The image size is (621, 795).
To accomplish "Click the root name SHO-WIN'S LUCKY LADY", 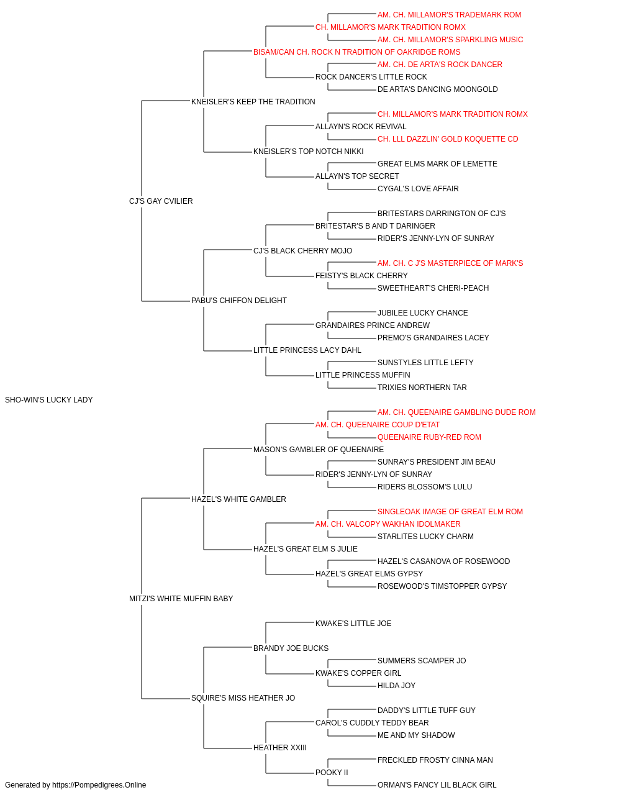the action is point(48,400).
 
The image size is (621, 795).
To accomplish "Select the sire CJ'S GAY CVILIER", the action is point(161,201).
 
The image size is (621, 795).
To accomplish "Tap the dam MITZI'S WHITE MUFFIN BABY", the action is point(181,599).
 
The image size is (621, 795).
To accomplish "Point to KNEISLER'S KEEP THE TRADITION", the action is point(253,102).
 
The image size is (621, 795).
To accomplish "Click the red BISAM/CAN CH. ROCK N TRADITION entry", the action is point(356,52).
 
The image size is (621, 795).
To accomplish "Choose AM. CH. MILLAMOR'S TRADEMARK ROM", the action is point(449,15).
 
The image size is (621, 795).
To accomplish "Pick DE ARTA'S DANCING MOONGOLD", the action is point(437,89).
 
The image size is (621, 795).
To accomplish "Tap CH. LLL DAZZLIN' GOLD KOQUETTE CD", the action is point(448,139).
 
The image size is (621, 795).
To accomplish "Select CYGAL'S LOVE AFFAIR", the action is point(418,189).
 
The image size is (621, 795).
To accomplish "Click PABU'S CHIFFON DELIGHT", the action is point(239,301).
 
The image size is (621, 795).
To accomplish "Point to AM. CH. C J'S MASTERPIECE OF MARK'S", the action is point(450,263).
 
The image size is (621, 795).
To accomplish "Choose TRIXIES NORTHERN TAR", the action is point(422,388).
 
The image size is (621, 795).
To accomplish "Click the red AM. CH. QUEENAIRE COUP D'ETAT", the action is point(377,425).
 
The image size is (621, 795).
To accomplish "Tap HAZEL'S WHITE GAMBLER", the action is point(238,499).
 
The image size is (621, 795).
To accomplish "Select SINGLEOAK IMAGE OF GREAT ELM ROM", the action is point(450,511).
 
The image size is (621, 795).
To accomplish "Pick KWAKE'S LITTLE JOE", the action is point(353,624).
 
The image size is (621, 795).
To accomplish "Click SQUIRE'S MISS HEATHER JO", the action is point(243,698).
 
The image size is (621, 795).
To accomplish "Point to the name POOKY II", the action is point(332,772).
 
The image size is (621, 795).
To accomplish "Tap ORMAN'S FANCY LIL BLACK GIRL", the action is point(437,785).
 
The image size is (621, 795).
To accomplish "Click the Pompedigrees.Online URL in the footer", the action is point(99,785).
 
